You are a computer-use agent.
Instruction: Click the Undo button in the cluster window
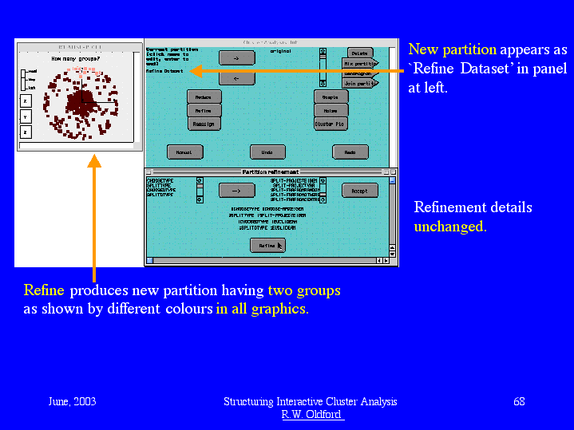267,152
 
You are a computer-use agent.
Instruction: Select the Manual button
184,152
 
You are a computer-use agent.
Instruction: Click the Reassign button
204,124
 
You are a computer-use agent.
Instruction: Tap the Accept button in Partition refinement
359,191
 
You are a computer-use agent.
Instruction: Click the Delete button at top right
360,53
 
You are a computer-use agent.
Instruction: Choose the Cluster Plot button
331,124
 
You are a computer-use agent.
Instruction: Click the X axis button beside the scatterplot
25,101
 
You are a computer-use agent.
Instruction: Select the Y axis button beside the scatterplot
25,116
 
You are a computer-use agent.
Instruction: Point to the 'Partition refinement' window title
270,172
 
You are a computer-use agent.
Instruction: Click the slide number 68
519,401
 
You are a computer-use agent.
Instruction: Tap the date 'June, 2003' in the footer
72,401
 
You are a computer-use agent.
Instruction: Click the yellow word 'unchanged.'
450,227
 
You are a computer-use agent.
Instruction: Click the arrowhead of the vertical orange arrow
93,161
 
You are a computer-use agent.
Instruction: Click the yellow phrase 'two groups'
303,290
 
